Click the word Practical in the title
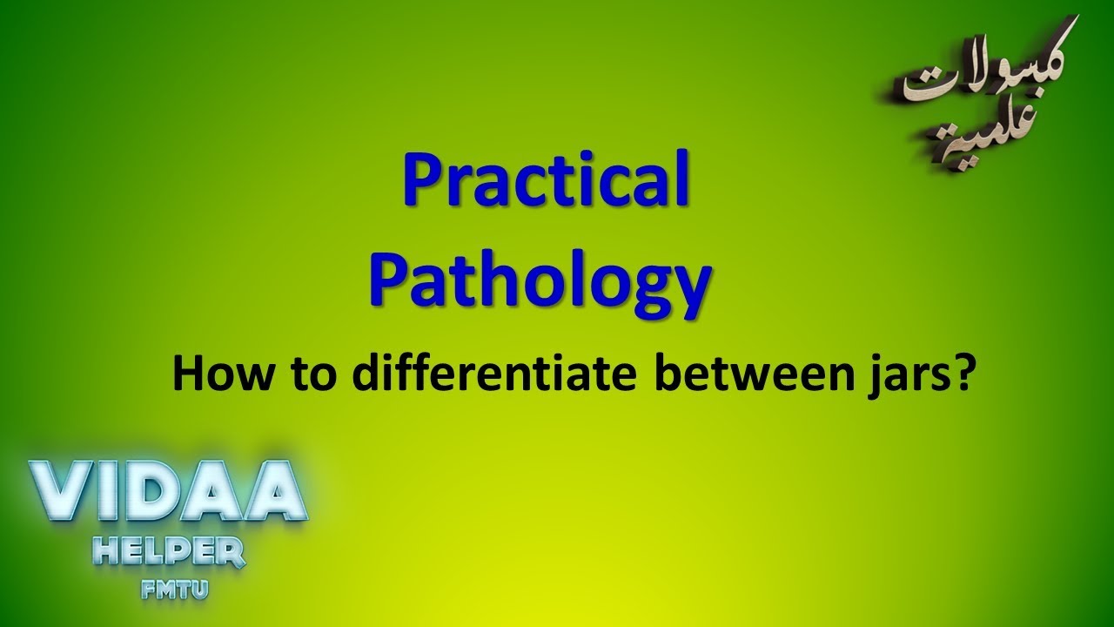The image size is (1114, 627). point(546,181)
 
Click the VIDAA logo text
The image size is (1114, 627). point(168,493)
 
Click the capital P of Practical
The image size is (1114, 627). point(421,180)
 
